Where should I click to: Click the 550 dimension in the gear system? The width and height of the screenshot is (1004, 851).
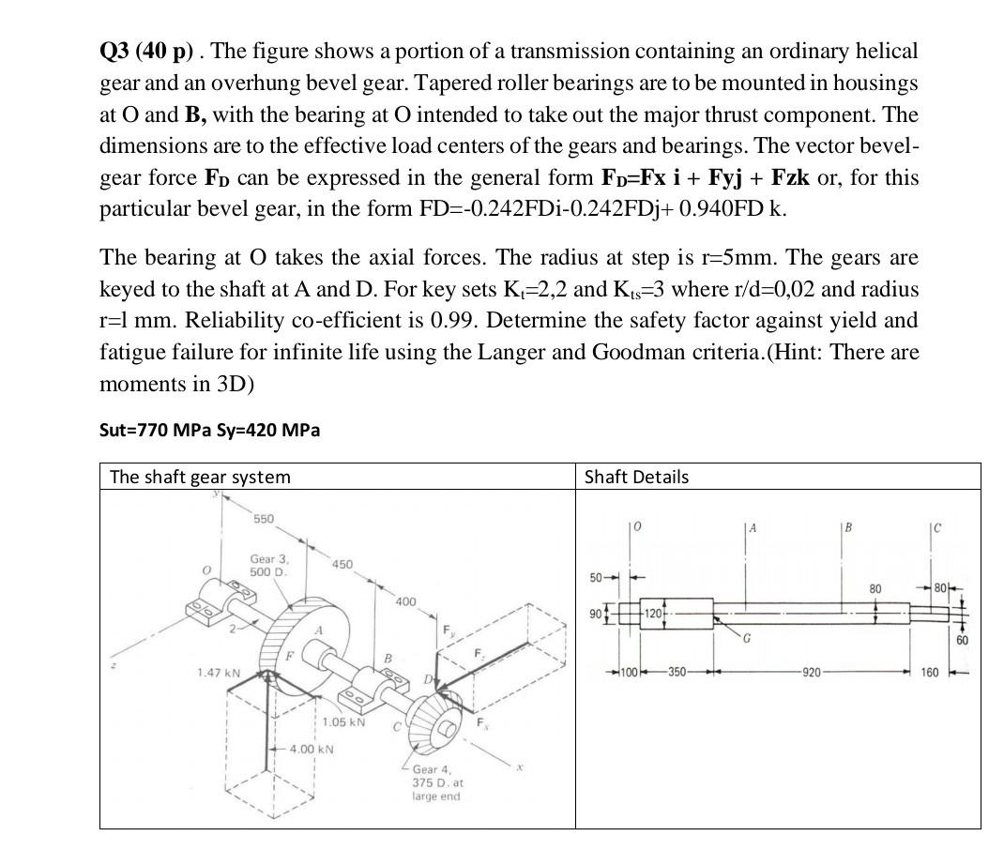pos(264,519)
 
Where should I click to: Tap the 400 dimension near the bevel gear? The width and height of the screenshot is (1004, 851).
pos(405,600)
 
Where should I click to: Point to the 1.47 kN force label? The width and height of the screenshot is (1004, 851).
pos(219,674)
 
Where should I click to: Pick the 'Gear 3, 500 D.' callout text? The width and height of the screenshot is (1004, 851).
pos(269,565)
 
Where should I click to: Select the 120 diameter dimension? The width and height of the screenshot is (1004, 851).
pos(653,613)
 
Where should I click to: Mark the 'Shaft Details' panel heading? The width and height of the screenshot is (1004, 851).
pos(635,477)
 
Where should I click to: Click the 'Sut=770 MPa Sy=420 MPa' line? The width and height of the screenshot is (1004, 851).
pos(209,430)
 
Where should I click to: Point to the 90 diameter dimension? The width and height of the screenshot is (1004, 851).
pos(592,613)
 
